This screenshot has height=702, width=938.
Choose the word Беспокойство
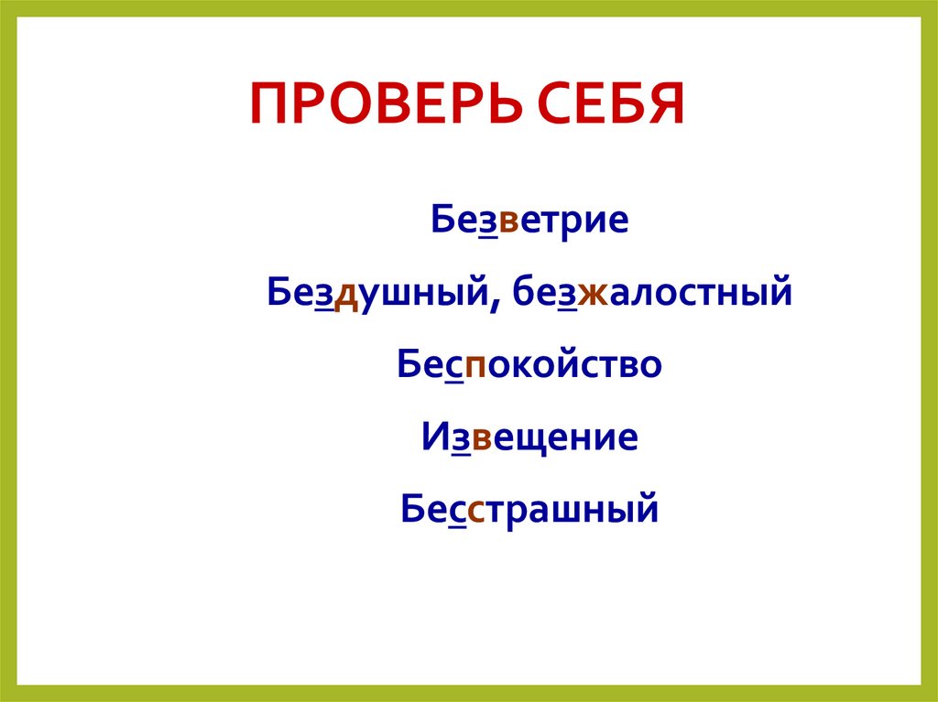click(x=529, y=364)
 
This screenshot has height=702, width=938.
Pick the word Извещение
click(x=529, y=436)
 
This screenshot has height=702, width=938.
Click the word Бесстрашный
click(x=529, y=507)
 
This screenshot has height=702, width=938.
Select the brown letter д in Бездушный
click(x=345, y=295)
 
